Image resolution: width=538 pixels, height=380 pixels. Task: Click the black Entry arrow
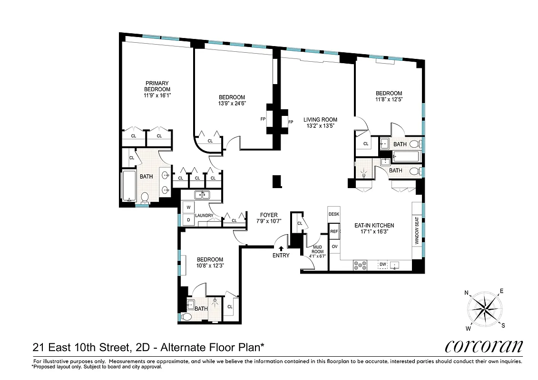click(281, 247)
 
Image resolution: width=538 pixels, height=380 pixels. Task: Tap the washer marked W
click(188, 208)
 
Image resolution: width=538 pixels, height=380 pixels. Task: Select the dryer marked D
click(188, 219)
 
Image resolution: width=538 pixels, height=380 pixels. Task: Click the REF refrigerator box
click(334, 231)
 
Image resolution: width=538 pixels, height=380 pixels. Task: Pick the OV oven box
click(334, 247)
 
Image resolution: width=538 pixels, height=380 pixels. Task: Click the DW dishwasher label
click(383, 265)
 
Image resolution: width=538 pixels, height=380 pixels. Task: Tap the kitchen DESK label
click(334, 214)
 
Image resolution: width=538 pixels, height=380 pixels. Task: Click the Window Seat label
click(417, 234)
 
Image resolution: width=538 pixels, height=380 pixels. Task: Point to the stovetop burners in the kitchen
click(360, 266)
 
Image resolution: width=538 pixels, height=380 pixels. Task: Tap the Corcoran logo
click(483, 346)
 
